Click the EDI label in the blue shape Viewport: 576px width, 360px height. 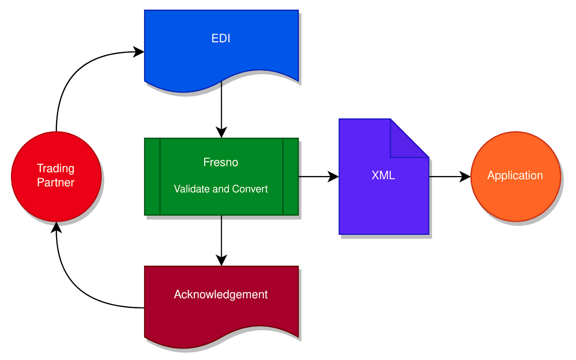pos(221,38)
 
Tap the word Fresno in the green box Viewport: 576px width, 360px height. pos(221,162)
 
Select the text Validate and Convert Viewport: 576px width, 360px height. pos(221,189)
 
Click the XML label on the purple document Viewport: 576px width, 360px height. pos(383,175)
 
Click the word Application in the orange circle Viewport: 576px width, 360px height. pos(515,175)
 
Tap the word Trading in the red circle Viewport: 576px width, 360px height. pos(56,168)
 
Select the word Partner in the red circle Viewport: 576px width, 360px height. pos(56,183)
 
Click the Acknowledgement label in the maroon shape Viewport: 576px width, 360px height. pos(221,294)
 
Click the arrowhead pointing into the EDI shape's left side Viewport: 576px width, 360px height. pos(139,52)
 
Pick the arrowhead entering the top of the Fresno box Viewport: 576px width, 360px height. pos(221,132)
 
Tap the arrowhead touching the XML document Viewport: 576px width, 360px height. pos(333,177)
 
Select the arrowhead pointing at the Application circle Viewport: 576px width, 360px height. pos(465,177)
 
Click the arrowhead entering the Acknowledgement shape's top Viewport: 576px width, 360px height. pos(221,260)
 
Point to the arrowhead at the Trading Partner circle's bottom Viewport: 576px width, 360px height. pos(57,228)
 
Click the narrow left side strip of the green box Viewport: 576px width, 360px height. pos(152,177)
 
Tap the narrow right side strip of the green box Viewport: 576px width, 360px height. pos(291,177)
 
